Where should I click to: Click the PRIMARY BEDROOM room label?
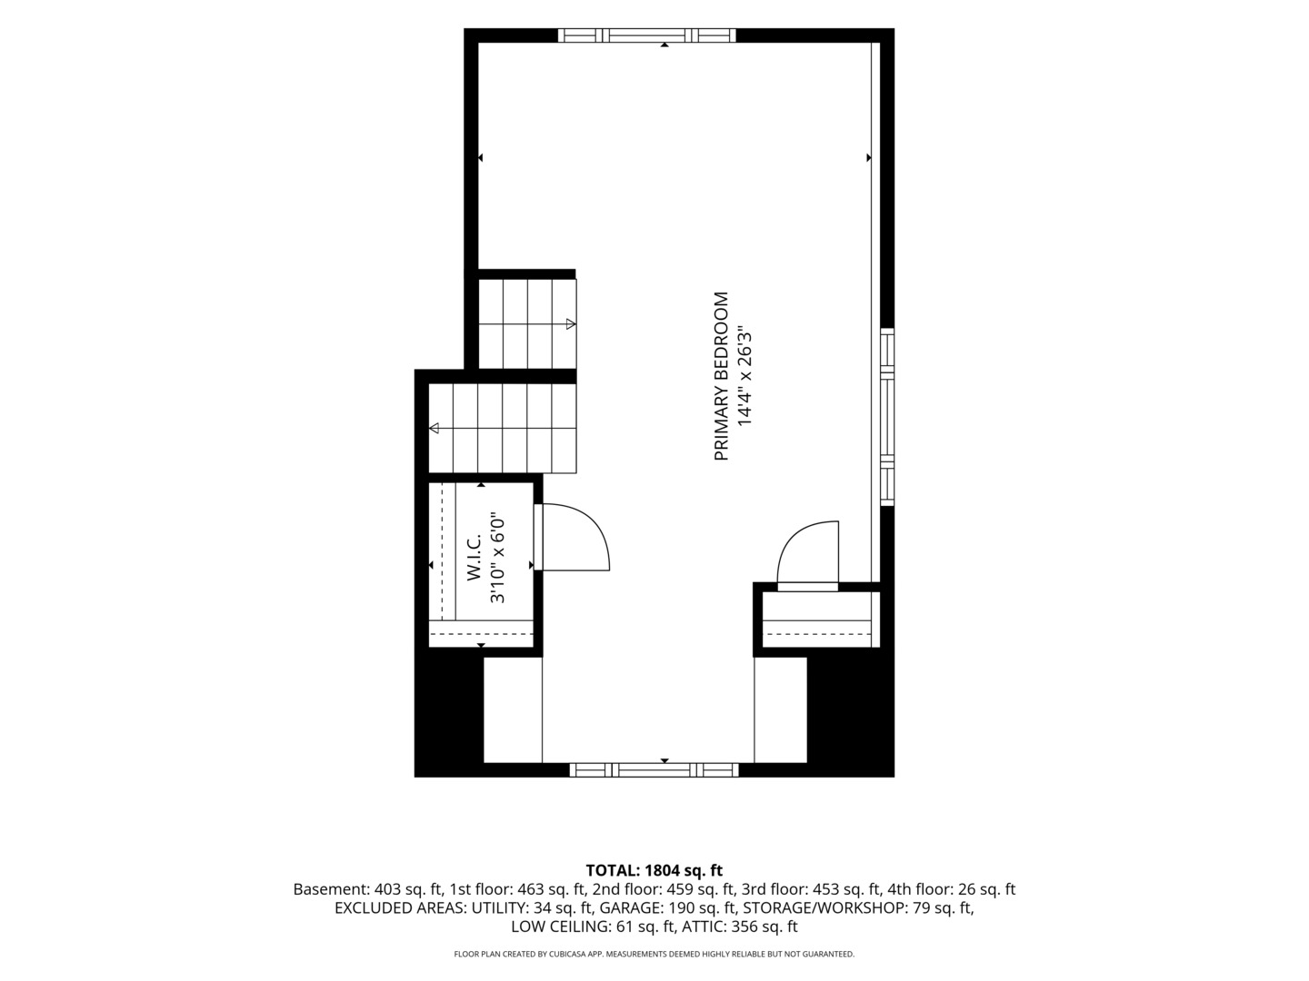pos(722,376)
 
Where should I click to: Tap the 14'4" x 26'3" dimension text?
pos(745,375)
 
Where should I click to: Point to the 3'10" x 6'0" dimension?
pos(497,560)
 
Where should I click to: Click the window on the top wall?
pos(647,35)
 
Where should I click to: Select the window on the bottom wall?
pos(654,770)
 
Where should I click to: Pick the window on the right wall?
pos(887,417)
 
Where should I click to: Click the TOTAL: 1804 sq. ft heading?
pos(654,871)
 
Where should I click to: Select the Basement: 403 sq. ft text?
pos(368,890)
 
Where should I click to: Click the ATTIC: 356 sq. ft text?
pos(739,926)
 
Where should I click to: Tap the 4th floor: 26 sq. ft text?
pos(951,890)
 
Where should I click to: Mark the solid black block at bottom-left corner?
pos(449,712)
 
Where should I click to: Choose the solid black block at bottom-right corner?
pos(851,712)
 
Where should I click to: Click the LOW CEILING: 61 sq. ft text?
pos(594,926)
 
